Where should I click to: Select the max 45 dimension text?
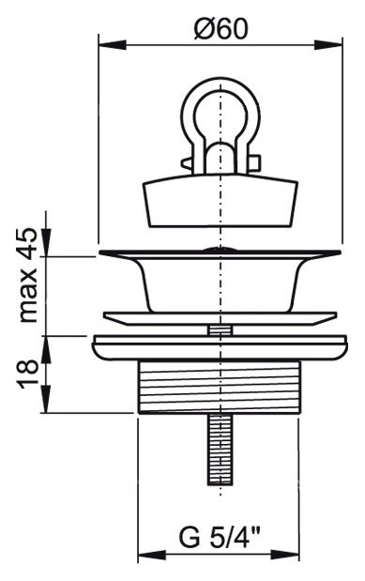pos(28,275)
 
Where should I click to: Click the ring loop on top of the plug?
pos(221,107)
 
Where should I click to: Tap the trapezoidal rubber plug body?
pos(221,203)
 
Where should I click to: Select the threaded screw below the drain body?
pos(221,449)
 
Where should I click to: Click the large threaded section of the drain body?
pos(220,387)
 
